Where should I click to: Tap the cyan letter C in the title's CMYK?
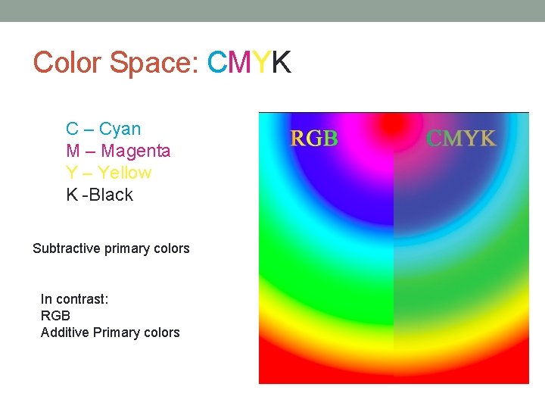pos(217,63)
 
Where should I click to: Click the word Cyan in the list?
pos(120,130)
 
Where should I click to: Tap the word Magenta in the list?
pos(135,151)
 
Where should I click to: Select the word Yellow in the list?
pos(124,173)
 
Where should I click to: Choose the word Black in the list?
pos(111,195)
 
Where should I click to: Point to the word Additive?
pos(65,333)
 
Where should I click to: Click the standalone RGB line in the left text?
pos(54,316)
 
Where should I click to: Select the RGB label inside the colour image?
pos(314,139)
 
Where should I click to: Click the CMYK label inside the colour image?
pos(461,139)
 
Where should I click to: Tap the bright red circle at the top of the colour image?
pos(393,124)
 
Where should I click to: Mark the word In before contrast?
pos(45,299)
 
